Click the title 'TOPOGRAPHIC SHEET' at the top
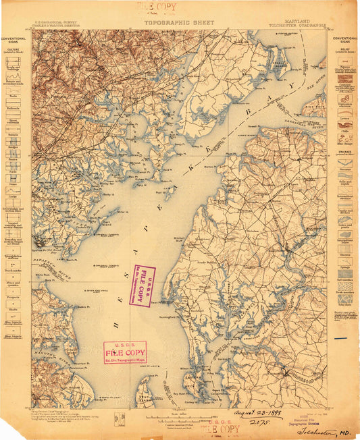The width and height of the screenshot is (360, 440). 179,22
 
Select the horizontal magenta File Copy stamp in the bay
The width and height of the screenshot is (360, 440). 125,352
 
